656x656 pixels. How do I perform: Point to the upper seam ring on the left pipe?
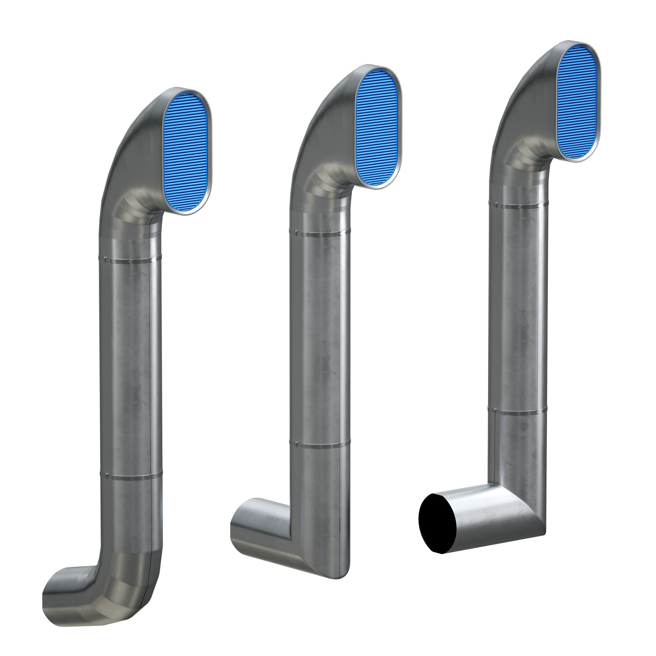130,260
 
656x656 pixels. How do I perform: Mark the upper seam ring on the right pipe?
518,204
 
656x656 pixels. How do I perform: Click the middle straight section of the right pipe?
518,306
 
